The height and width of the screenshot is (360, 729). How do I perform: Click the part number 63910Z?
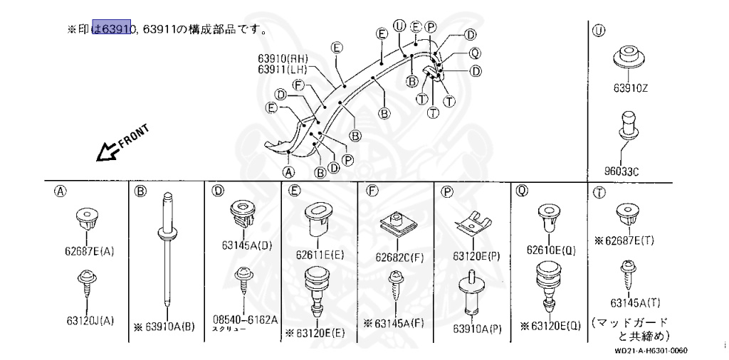[631, 89]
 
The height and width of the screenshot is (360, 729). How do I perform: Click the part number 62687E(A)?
[86, 250]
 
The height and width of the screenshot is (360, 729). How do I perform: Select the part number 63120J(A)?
[86, 319]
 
